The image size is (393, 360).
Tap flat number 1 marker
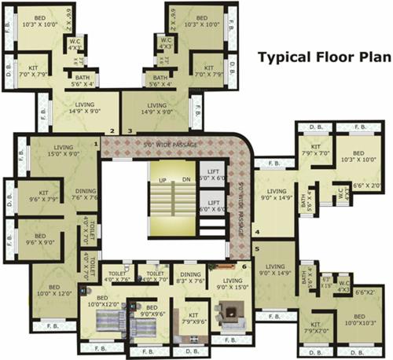96,144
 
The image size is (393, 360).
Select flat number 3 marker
130,130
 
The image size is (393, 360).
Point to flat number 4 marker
257,232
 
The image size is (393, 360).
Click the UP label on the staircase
163,180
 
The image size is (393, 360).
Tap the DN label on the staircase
185,180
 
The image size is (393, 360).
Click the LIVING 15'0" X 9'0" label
62,150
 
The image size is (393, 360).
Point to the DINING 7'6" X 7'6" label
86,193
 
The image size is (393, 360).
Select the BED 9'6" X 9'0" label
35,237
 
